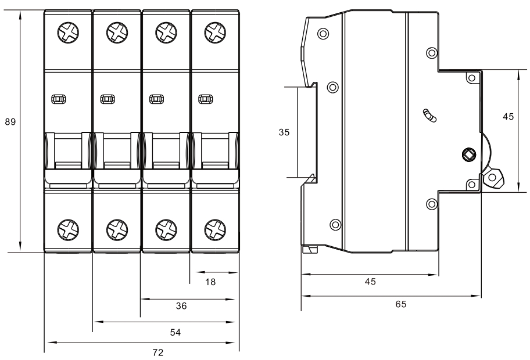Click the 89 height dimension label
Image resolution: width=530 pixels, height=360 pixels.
coord(10,123)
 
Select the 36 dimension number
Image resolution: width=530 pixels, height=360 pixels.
coord(182,307)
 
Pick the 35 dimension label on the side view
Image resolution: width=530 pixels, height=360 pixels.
coord(284,132)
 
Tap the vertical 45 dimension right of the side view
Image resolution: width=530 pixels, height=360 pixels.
coord(508,117)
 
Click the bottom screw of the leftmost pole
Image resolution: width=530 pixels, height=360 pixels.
coord(68,229)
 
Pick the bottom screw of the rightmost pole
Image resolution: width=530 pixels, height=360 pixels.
coord(215,229)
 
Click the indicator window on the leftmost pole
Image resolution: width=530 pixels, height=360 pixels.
coord(58,99)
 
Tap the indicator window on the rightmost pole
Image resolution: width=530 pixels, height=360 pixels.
coord(205,99)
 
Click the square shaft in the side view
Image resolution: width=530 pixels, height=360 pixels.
coord(468,154)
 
